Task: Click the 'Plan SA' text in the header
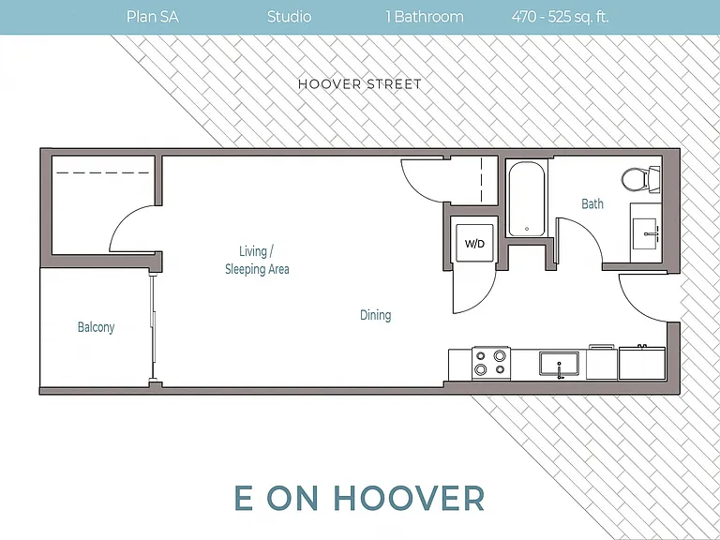(153, 17)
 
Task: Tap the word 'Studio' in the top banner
(290, 17)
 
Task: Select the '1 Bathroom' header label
(425, 17)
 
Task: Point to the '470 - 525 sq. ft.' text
(561, 17)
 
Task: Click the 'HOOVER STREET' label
(360, 84)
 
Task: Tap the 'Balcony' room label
(96, 327)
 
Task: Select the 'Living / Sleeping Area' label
(257, 261)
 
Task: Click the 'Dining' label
(376, 315)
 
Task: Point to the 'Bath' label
(592, 203)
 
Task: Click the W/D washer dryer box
(474, 243)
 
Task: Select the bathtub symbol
(527, 199)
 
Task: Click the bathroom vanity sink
(647, 233)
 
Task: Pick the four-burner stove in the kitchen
(491, 362)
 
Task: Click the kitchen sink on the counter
(560, 364)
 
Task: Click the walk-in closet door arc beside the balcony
(118, 220)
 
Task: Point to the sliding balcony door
(154, 328)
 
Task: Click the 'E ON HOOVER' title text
(360, 498)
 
